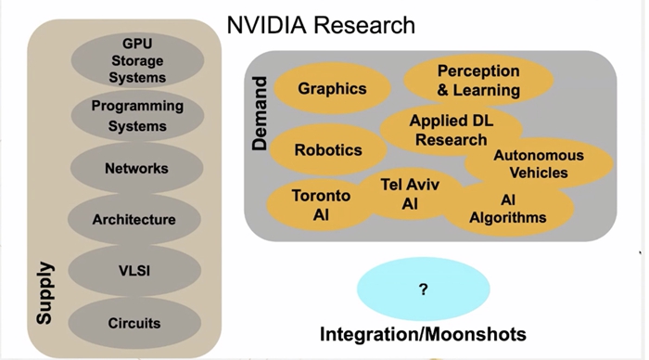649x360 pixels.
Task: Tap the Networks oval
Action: coord(136,168)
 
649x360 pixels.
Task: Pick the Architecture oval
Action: coord(134,219)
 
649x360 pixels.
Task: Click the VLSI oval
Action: coord(134,272)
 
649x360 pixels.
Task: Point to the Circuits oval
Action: coord(134,322)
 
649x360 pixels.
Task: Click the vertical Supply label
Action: coord(44,291)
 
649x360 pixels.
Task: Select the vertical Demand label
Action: coord(261,113)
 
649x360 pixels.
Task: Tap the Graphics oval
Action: coord(332,89)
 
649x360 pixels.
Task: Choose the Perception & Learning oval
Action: coord(478,81)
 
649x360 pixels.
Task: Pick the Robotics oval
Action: coord(327,149)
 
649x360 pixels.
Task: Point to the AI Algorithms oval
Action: coord(508,209)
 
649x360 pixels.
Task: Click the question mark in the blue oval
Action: coord(423,289)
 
